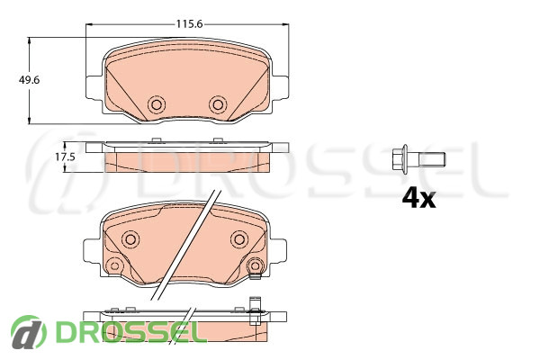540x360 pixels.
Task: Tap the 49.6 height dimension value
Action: [29, 80]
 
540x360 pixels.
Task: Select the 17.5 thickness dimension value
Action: [65, 157]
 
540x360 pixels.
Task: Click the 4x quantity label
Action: [418, 199]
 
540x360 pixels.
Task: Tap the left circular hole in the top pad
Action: [157, 104]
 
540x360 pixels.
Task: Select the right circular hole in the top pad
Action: [218, 104]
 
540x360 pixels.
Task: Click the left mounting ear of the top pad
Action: [94, 88]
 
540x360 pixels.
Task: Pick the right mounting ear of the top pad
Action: [280, 87]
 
